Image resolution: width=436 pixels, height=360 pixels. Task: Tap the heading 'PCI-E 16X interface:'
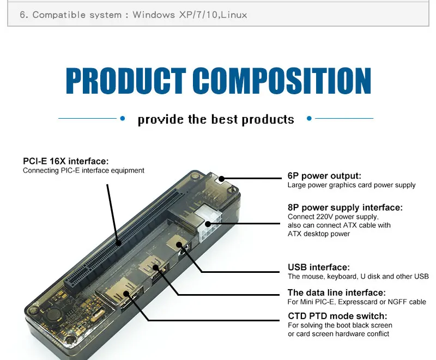(65, 161)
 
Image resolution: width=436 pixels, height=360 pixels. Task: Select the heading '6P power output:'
(324, 176)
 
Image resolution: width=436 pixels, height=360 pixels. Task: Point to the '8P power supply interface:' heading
(345, 208)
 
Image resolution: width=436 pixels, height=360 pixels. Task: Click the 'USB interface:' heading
(318, 267)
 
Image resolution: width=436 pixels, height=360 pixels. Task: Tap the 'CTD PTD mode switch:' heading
(337, 316)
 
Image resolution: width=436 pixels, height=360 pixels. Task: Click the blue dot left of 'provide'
(123, 118)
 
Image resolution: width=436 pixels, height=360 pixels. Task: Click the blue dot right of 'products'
(309, 118)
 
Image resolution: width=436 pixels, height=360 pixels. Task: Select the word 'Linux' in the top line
(234, 15)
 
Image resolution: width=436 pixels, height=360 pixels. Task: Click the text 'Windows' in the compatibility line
(153, 15)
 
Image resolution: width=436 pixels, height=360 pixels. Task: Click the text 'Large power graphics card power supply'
(351, 185)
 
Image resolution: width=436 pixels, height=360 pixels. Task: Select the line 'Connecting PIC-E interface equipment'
(83, 170)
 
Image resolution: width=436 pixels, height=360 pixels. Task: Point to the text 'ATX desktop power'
(319, 234)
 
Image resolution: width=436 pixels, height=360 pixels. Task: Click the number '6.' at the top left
(23, 15)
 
